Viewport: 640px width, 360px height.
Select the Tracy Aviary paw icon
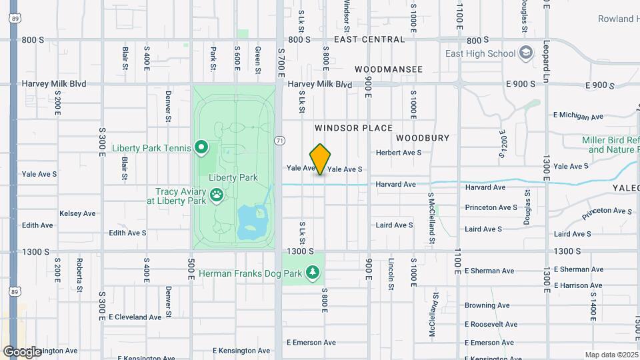(x=217, y=195)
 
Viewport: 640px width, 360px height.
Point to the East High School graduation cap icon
(x=526, y=53)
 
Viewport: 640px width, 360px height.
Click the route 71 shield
(x=281, y=140)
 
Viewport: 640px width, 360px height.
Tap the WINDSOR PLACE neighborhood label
(x=353, y=127)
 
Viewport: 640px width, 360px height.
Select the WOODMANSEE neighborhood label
(x=389, y=69)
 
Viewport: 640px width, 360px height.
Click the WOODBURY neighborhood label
(x=423, y=137)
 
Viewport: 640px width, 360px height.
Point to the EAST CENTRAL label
(x=369, y=39)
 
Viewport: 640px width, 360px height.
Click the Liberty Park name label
(x=233, y=177)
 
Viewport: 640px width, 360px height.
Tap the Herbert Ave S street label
(x=399, y=153)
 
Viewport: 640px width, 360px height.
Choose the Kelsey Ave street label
(x=78, y=213)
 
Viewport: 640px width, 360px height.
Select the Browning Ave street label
(x=487, y=305)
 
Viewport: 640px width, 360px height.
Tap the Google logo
(x=23, y=351)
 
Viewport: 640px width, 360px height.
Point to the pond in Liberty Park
(x=252, y=222)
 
